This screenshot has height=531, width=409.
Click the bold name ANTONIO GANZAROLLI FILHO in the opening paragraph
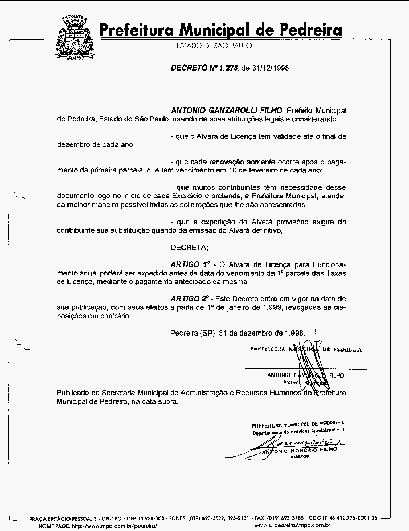[226, 110]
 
